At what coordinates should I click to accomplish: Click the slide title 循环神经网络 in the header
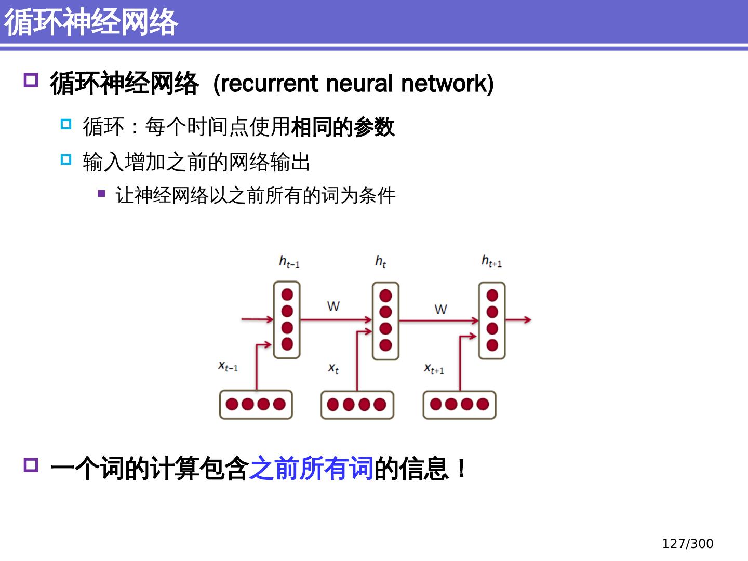(91, 22)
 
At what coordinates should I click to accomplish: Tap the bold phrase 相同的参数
(343, 127)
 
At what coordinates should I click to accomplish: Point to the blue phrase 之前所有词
(311, 468)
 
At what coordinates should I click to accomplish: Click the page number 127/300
(687, 543)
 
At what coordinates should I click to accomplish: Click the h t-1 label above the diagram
(289, 261)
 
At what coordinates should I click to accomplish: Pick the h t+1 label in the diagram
(491, 261)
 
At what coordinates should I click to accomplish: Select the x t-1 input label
(228, 366)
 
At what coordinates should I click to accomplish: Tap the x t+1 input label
(434, 369)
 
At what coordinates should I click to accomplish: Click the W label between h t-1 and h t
(333, 306)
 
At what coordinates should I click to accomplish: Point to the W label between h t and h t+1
(440, 310)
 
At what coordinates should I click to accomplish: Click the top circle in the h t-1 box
(287, 295)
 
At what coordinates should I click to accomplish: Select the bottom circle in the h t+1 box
(492, 345)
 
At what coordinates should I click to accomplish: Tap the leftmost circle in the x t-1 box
(232, 404)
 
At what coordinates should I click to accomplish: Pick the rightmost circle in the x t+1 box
(483, 404)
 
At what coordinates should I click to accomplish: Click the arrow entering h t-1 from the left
(257, 319)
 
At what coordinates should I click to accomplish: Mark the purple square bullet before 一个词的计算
(31, 464)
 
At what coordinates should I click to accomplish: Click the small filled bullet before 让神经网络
(101, 194)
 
